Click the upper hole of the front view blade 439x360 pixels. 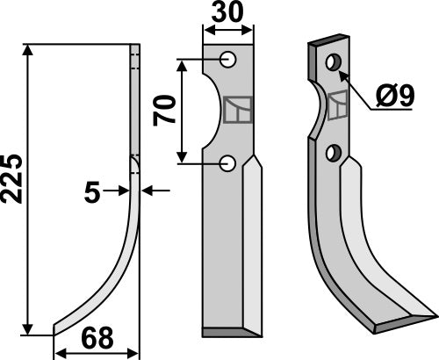[227, 60]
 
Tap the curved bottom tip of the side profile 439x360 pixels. [56, 331]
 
